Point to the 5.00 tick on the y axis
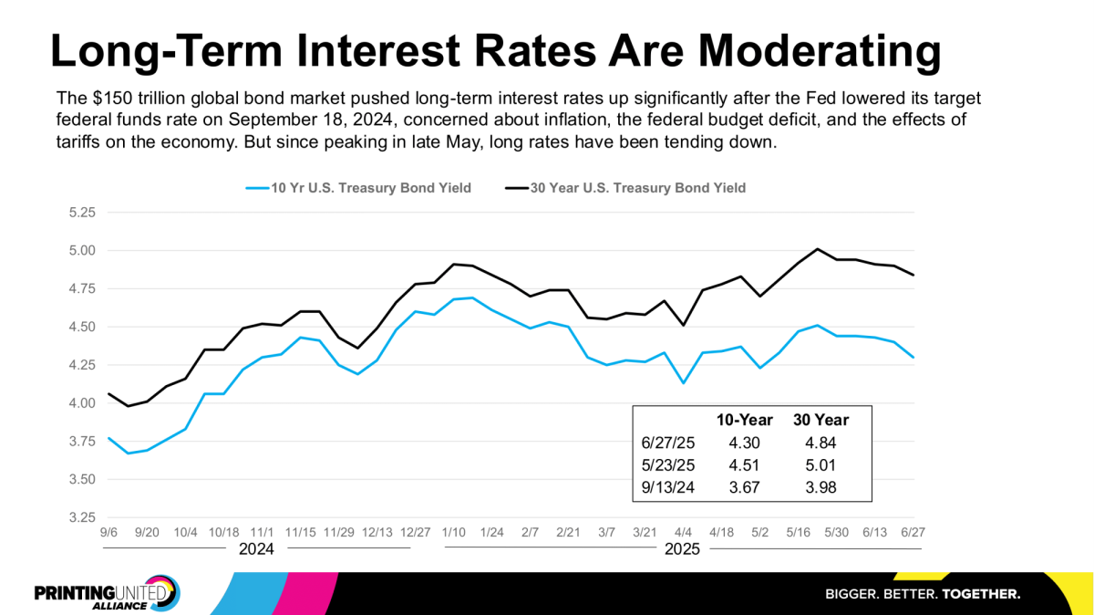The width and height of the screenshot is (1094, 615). (x=82, y=250)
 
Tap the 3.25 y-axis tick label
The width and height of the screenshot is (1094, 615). (x=82, y=517)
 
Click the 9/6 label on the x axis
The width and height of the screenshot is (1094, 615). (x=108, y=530)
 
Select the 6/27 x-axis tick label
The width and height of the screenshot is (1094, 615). (x=913, y=530)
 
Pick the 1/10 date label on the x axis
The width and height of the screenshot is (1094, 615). (x=453, y=530)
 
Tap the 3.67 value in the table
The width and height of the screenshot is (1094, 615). (x=745, y=486)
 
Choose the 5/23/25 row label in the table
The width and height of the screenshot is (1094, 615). (x=668, y=464)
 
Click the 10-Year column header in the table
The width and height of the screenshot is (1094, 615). (x=745, y=421)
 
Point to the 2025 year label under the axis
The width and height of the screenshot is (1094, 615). (x=683, y=550)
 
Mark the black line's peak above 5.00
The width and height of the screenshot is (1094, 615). (x=818, y=249)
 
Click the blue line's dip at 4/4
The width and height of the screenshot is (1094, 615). (x=684, y=382)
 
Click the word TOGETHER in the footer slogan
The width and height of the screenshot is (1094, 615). (x=981, y=594)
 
